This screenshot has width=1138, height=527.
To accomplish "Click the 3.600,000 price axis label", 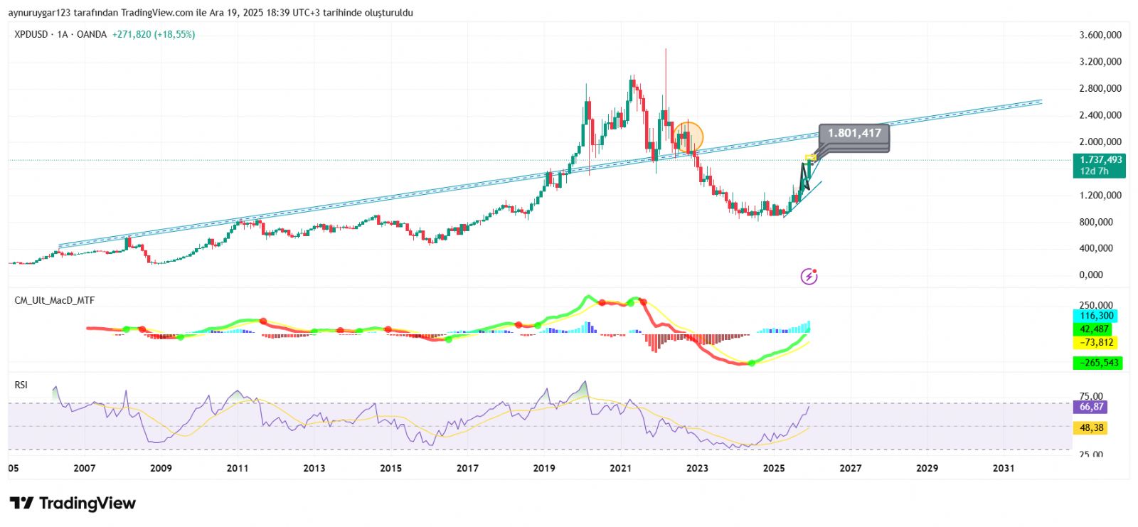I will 1100,35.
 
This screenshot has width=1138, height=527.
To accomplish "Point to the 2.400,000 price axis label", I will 1100,115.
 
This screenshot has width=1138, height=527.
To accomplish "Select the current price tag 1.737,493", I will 1099,161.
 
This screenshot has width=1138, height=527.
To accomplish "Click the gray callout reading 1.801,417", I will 854,134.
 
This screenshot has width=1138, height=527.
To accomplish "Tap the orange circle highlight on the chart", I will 688,137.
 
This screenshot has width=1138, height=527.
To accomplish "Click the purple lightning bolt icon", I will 809,276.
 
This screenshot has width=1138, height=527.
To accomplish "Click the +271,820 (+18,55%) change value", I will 153,34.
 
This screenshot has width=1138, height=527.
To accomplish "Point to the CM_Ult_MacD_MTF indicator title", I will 55,300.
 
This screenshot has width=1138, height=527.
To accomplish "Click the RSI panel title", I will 21,385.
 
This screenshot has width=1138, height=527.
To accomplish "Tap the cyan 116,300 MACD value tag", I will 1096,316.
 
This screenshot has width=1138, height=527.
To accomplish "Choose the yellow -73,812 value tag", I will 1096,343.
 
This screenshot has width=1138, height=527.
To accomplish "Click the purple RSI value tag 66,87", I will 1091,407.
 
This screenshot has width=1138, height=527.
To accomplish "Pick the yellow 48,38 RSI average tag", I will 1091,427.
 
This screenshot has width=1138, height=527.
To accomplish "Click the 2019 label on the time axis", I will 544,468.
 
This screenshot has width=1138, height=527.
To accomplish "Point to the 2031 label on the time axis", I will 1004,468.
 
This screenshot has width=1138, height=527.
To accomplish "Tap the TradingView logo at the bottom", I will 73,504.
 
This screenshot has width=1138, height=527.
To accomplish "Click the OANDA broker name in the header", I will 92,34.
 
